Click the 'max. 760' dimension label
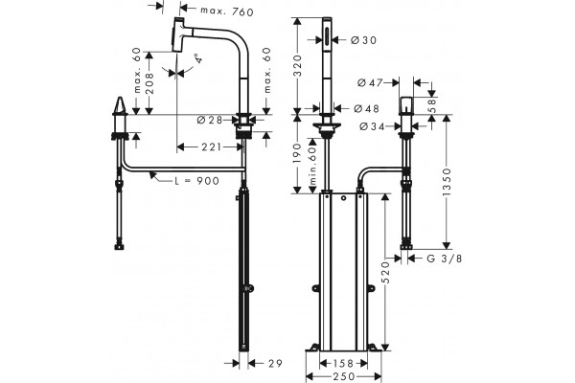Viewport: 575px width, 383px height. pos(227,11)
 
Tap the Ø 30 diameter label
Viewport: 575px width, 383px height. pos(363,40)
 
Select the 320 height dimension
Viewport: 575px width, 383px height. pos(297,66)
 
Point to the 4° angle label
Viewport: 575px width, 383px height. pos(198,58)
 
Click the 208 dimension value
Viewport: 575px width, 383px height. pos(149,84)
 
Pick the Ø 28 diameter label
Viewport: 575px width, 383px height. pos(210,120)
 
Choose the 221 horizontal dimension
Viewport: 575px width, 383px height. pos(211,146)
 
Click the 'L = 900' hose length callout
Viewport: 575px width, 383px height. pos(196,180)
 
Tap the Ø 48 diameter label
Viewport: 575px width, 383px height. pos(366,108)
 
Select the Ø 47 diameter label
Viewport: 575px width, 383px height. pos(370,83)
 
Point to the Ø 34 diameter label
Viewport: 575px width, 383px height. pos(372,126)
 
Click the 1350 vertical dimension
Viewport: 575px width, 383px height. pos(447,182)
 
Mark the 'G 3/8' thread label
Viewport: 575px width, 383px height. pos(445,259)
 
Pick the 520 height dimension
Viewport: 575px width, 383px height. pos(385,272)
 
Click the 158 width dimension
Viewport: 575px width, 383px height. pos(343,363)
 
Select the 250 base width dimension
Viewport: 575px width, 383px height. pos(345,376)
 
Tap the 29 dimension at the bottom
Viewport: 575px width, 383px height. pos(275,363)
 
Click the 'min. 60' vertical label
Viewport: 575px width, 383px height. pos(312,164)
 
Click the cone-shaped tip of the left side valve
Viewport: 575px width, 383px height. pos(120,105)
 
